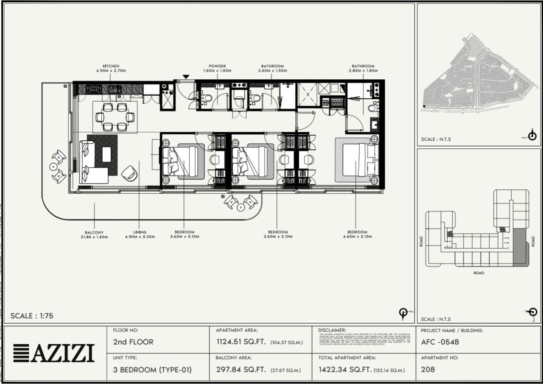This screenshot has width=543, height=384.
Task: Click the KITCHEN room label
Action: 111,67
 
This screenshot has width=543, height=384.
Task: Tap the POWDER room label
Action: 217,67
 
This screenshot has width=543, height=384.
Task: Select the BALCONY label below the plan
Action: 94,232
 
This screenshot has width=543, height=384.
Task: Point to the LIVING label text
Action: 140,232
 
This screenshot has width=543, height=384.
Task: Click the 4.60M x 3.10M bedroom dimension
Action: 357,237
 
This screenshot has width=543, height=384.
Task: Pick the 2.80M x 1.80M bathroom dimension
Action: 363,71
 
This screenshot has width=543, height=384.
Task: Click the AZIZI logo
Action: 53,353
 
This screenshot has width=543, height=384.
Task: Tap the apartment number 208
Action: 428,369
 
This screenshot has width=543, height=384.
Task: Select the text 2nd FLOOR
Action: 133,342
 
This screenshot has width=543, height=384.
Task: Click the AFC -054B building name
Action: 440,342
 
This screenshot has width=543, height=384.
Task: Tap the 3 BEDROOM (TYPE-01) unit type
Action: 152,370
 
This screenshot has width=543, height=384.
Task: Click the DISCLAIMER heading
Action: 332,330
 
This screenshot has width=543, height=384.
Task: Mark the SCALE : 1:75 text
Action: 32,316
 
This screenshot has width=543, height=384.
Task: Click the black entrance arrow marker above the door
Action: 186,77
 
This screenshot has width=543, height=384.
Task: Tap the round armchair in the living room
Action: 129,173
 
